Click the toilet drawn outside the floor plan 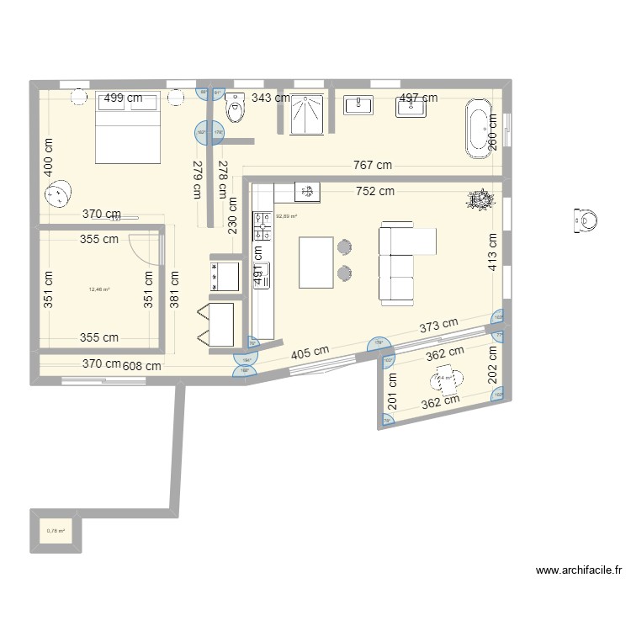pyautogui.click(x=586, y=221)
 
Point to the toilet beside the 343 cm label pyautogui.click(x=235, y=107)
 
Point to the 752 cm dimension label pyautogui.click(x=374, y=191)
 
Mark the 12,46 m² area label pyautogui.click(x=99, y=289)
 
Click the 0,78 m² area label pyautogui.click(x=56, y=531)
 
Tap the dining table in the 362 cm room pyautogui.click(x=452, y=380)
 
